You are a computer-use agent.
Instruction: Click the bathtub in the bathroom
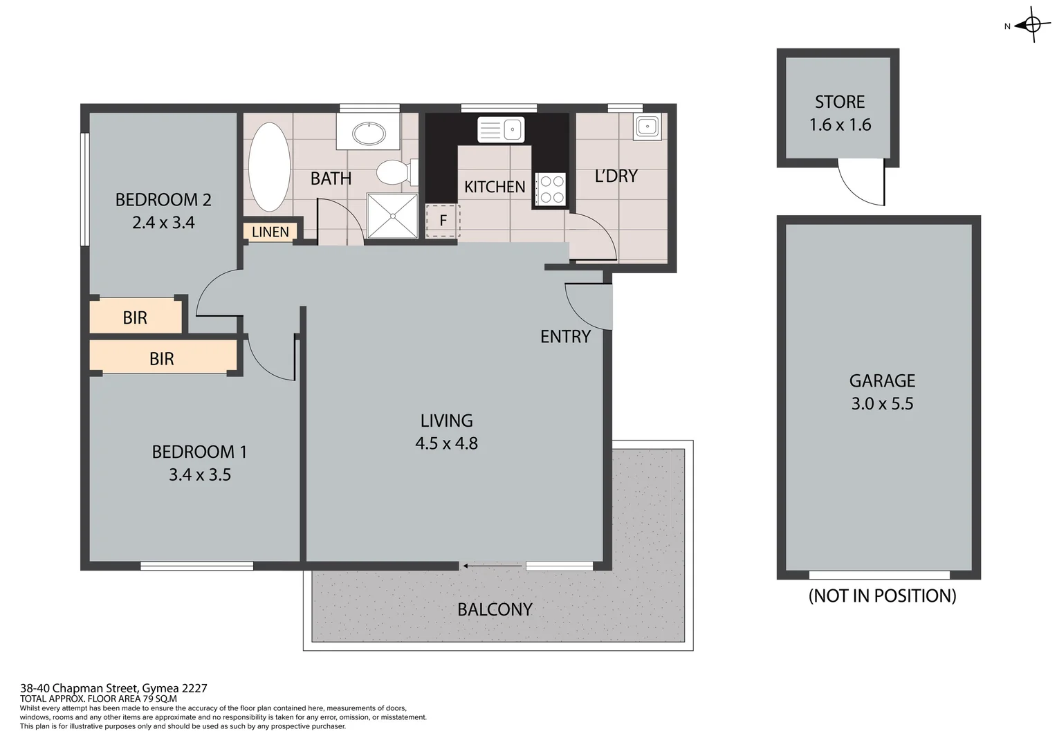pyautogui.click(x=270, y=167)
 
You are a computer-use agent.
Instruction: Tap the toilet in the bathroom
pyautogui.click(x=394, y=172)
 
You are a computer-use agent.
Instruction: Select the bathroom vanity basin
pyautogui.click(x=368, y=133)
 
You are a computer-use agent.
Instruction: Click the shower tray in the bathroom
pyautogui.click(x=392, y=215)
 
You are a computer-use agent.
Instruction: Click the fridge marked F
pyautogui.click(x=443, y=221)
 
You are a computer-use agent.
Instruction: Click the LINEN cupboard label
pyautogui.click(x=270, y=232)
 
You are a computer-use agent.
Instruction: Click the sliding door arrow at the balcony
pyautogui.click(x=493, y=566)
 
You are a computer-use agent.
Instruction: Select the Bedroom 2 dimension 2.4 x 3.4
pyautogui.click(x=163, y=223)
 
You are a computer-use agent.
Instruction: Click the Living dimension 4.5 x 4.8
pyautogui.click(x=446, y=443)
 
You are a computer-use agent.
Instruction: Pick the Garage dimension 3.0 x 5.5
pyautogui.click(x=882, y=403)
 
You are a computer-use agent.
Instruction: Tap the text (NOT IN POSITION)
pyautogui.click(x=882, y=596)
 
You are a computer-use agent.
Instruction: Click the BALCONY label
pyautogui.click(x=495, y=609)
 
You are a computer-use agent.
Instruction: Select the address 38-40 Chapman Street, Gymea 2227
pyautogui.click(x=113, y=688)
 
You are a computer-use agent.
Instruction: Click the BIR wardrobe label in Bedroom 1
pyautogui.click(x=162, y=358)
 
